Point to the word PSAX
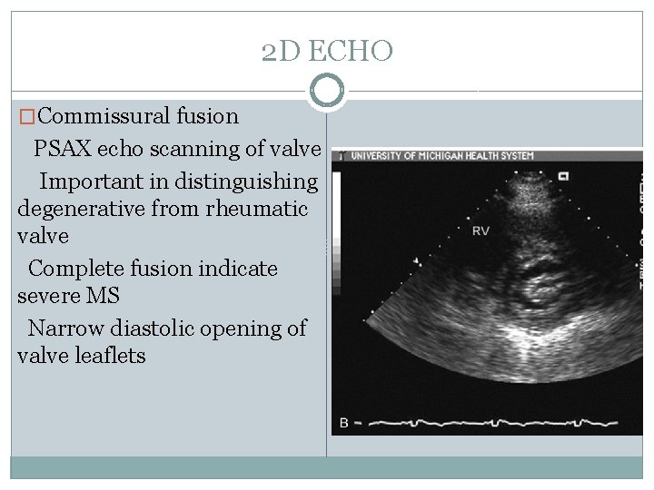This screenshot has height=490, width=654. point(62,148)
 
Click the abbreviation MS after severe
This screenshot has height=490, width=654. point(104,296)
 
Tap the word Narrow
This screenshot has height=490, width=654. point(62,328)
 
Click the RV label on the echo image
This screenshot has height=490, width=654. point(481,231)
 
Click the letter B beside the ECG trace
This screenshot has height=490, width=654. point(343,423)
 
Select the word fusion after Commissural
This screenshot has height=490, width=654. point(209,116)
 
